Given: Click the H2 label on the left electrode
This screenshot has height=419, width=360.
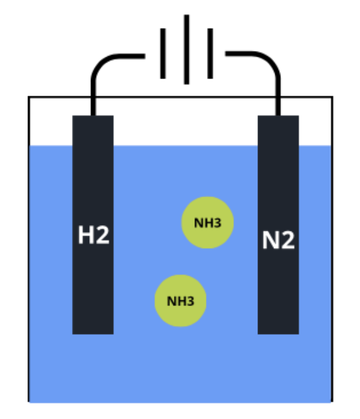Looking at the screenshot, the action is click(x=94, y=235).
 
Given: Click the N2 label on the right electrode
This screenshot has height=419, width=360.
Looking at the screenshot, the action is click(x=278, y=240).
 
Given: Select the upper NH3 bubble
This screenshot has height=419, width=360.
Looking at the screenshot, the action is click(x=208, y=223).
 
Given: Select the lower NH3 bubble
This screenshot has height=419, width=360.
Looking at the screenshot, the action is click(x=180, y=300).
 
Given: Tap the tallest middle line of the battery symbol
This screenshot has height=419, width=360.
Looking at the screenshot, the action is click(x=187, y=50).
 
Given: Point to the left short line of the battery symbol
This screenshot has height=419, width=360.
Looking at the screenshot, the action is click(x=163, y=54).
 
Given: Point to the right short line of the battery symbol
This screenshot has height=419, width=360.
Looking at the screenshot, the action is click(x=210, y=54).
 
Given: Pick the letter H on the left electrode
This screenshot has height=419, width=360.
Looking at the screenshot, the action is click(x=86, y=235).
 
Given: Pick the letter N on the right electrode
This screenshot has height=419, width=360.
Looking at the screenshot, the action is click(x=271, y=240).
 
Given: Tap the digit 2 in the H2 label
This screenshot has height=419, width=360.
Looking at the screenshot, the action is click(x=103, y=235).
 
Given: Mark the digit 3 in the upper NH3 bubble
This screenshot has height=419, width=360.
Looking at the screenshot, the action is click(x=218, y=223).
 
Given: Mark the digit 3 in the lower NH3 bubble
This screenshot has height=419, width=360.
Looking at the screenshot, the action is click(x=191, y=301).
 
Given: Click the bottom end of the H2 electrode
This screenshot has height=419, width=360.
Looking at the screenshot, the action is click(x=93, y=334).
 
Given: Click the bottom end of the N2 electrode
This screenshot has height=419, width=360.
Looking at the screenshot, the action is click(x=278, y=334).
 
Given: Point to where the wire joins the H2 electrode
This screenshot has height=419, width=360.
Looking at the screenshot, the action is click(x=93, y=115).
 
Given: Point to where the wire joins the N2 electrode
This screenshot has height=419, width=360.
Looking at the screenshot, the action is click(x=278, y=115).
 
